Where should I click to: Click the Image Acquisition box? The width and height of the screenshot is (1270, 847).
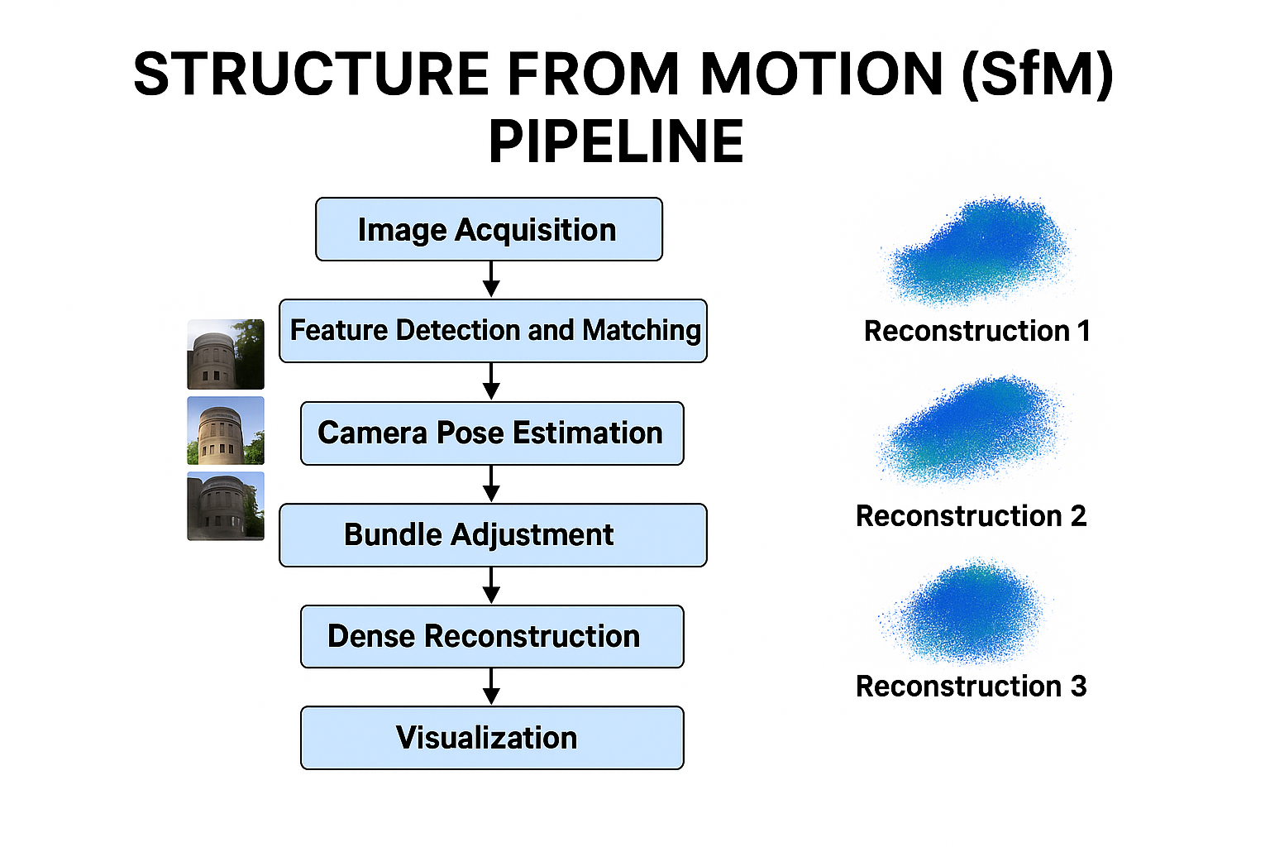click(x=489, y=229)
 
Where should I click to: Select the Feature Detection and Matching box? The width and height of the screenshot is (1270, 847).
click(x=493, y=331)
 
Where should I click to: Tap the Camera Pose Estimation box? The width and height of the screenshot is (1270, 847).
click(x=492, y=433)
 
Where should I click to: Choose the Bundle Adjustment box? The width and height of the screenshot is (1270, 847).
click(x=493, y=535)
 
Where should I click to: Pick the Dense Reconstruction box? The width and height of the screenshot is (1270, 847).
click(x=492, y=637)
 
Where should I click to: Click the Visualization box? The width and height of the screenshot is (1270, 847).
click(x=492, y=738)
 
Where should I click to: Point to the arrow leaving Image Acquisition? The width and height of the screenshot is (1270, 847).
click(x=491, y=280)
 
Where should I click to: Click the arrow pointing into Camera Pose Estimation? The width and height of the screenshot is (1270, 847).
click(x=491, y=381)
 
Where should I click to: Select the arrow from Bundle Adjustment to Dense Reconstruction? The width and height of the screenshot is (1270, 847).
click(x=491, y=586)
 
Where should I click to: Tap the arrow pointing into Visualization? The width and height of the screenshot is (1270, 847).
click(x=491, y=687)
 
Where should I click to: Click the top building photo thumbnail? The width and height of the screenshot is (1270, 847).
click(x=226, y=354)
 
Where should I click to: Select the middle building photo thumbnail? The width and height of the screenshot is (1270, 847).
click(x=226, y=430)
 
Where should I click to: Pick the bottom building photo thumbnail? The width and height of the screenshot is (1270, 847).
click(x=226, y=506)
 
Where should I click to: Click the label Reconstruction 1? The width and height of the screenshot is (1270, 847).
click(x=976, y=331)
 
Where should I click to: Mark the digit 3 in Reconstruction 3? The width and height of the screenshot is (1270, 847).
click(x=1078, y=687)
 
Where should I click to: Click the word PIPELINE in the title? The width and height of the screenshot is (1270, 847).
click(x=616, y=141)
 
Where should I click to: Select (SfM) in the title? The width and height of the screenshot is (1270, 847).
click(x=1037, y=74)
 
